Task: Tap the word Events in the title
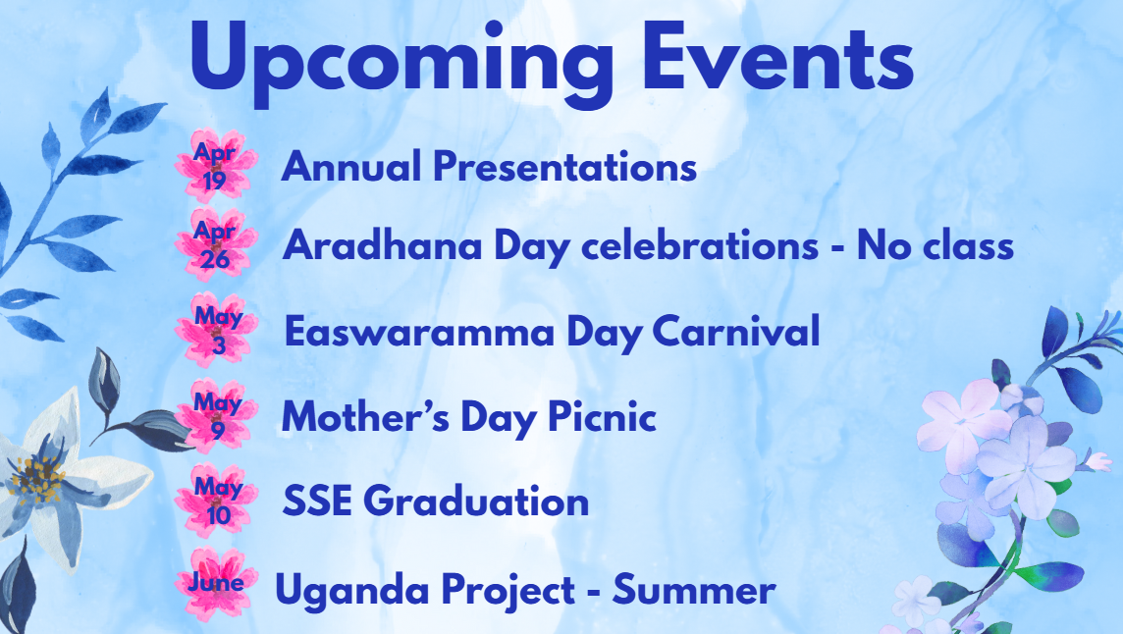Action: click(777, 56)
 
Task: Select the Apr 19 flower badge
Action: click(216, 166)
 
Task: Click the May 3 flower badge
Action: click(216, 331)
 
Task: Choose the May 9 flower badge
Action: click(216, 415)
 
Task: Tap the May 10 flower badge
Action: click(216, 501)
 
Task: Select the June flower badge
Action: click(216, 584)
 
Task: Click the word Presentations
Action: click(565, 167)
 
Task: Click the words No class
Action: click(936, 245)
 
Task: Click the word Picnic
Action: click(603, 416)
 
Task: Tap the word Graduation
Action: click(476, 501)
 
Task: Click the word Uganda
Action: click(352, 591)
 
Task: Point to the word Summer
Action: click(694, 590)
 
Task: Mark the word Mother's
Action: click(366, 416)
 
